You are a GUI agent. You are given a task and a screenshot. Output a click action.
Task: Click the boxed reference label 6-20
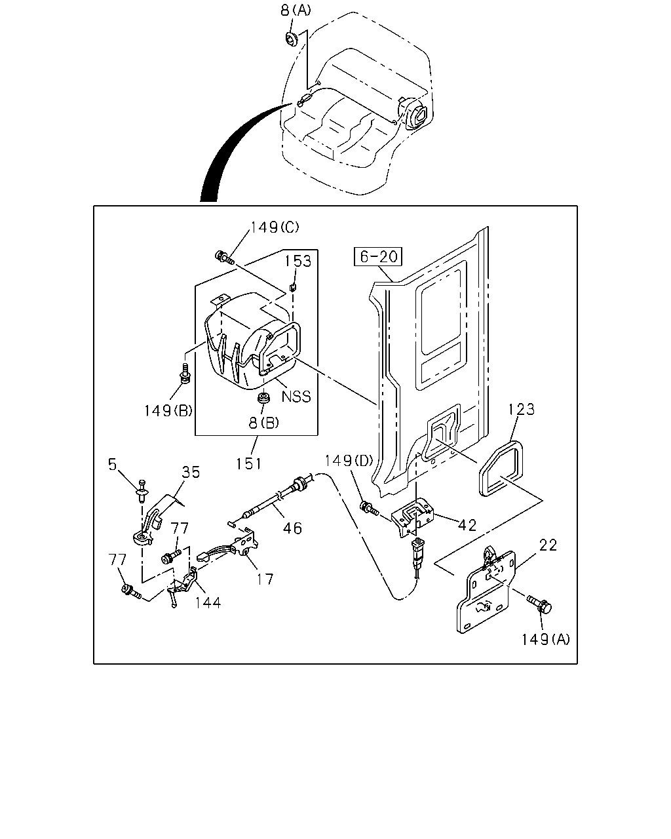tap(377, 256)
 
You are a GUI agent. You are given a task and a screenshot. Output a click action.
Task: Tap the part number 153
tap(298, 262)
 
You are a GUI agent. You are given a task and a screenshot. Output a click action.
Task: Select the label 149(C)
tap(275, 227)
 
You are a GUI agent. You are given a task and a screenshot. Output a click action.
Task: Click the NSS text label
tap(296, 397)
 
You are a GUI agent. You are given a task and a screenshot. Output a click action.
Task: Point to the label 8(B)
tap(264, 423)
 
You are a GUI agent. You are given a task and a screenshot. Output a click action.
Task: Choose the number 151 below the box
tap(248, 463)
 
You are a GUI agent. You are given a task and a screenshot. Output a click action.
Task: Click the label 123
tap(522, 410)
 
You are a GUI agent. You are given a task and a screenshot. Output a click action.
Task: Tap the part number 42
tap(467, 526)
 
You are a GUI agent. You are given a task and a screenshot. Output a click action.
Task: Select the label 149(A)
tap(545, 639)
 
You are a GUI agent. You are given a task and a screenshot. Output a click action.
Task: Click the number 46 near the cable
tap(292, 528)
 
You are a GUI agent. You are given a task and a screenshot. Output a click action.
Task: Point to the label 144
tap(208, 603)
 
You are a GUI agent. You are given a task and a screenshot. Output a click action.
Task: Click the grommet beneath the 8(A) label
tap(291, 38)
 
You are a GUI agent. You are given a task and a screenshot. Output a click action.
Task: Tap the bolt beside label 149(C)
tap(225, 258)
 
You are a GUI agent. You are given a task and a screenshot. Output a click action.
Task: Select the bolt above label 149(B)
tap(185, 373)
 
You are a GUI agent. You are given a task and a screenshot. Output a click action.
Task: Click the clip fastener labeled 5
tap(142, 491)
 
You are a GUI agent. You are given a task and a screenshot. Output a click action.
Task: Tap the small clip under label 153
tap(293, 288)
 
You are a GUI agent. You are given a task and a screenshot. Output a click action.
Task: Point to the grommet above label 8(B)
tap(264, 399)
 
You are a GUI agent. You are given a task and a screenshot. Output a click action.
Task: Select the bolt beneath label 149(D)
tap(368, 509)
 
